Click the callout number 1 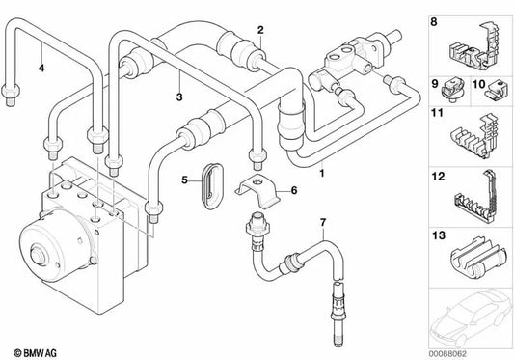pos(322,173)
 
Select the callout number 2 pos(260,30)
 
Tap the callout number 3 pos(179,97)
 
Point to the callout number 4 pos(41,68)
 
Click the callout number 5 pos(185,180)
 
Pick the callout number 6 pos(294,190)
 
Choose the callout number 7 pos(323,223)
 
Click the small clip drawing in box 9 pos(453,90)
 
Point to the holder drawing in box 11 pos(474,137)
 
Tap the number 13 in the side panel pos(439,235)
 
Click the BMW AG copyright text pos(35,353)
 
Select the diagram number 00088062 pos(447,354)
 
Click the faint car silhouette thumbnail pos(471,318)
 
